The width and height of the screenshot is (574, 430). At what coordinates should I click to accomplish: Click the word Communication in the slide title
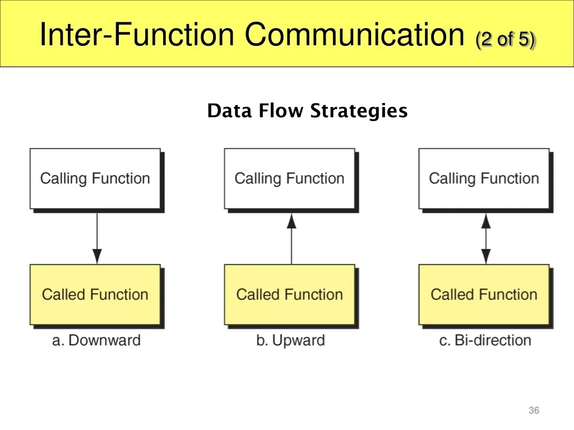(x=354, y=34)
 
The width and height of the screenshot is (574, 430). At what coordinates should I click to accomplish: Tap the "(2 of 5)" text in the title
(x=506, y=39)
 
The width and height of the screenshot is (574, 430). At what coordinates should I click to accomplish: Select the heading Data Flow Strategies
(x=307, y=110)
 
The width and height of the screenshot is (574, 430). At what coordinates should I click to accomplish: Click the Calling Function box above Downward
(x=95, y=179)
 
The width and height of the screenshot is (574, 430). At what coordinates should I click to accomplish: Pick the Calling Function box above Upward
(x=290, y=179)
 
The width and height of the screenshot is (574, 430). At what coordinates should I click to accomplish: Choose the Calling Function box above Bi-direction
(x=484, y=179)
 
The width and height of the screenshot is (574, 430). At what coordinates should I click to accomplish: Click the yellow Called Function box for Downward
(x=95, y=295)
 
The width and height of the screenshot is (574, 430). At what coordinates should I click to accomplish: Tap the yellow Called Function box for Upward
(x=290, y=295)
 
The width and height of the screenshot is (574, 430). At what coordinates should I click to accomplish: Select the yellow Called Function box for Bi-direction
(x=484, y=295)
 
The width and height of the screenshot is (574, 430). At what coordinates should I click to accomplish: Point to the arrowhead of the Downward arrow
(x=97, y=256)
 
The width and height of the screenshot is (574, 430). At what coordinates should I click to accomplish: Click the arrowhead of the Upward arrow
(x=291, y=221)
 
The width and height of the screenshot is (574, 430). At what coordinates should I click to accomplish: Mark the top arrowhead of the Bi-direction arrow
(x=486, y=221)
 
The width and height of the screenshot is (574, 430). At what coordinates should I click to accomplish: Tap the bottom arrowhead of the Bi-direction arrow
(x=486, y=256)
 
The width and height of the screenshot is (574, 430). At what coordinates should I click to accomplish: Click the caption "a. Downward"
(x=96, y=340)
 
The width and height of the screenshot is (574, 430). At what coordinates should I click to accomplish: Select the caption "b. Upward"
(x=290, y=341)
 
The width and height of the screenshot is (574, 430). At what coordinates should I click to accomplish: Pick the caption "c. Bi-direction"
(x=485, y=340)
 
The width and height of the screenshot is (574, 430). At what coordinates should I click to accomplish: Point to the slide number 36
(x=534, y=410)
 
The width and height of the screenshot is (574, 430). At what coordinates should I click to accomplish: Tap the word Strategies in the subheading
(x=359, y=111)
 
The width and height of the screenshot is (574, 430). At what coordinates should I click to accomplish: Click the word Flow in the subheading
(x=281, y=110)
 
